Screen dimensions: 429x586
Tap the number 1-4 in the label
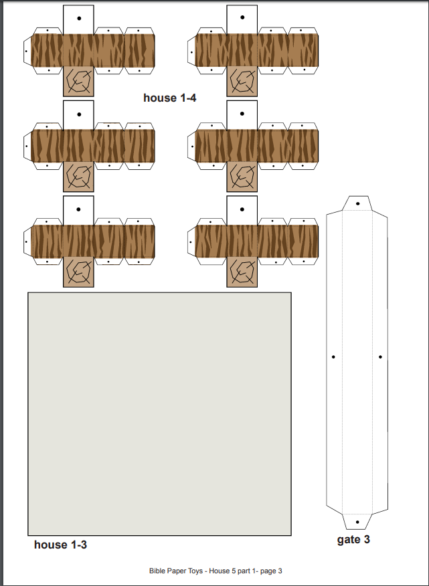186,98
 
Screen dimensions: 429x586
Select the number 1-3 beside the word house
77,545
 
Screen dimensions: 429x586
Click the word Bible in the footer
156,571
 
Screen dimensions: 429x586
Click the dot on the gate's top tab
358,203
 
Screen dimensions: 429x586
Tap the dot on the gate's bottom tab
357,522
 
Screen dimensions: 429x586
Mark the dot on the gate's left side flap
333,357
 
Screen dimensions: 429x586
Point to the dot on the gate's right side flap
380,357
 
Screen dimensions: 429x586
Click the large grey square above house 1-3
160,414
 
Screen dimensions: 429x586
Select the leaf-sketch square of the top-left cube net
78,81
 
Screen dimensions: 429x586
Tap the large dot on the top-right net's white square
242,17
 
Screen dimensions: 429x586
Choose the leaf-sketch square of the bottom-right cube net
242,272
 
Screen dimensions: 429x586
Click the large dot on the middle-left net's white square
79,114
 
